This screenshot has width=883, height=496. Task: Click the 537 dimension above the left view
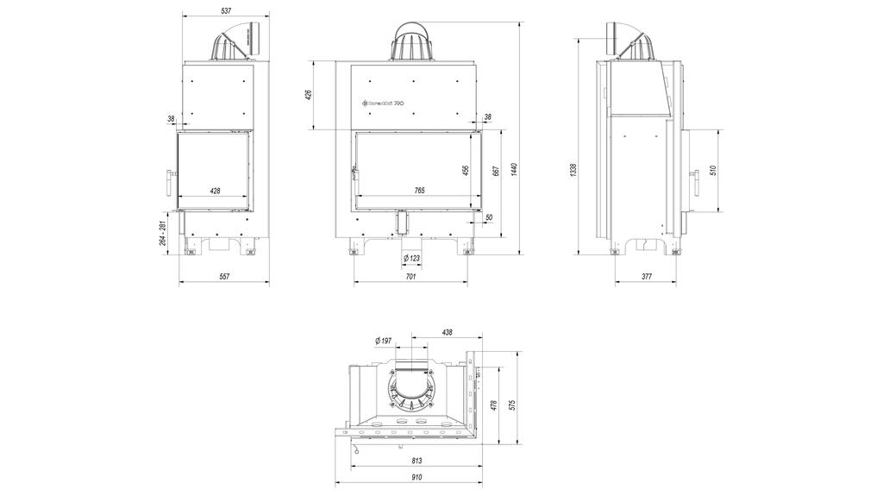coord(226,11)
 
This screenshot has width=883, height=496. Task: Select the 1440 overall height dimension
coord(514,170)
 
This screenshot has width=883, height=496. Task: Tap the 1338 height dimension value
coord(573,170)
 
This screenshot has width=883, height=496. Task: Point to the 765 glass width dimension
coord(419,189)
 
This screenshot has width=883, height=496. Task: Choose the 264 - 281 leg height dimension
coord(162,233)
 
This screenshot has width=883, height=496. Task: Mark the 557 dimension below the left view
coord(223,277)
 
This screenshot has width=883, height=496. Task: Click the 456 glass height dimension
coord(466,170)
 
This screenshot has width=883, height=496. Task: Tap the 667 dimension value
coord(495,170)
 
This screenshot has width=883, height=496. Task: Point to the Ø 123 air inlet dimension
coord(411,258)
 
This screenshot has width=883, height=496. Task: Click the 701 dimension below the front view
coord(410,277)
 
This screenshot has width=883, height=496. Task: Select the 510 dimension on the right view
coord(712,170)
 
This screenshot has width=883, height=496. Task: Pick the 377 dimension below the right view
coord(647,277)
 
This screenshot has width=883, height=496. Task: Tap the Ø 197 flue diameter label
coord(385,341)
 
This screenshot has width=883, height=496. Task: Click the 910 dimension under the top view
coord(416,477)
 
